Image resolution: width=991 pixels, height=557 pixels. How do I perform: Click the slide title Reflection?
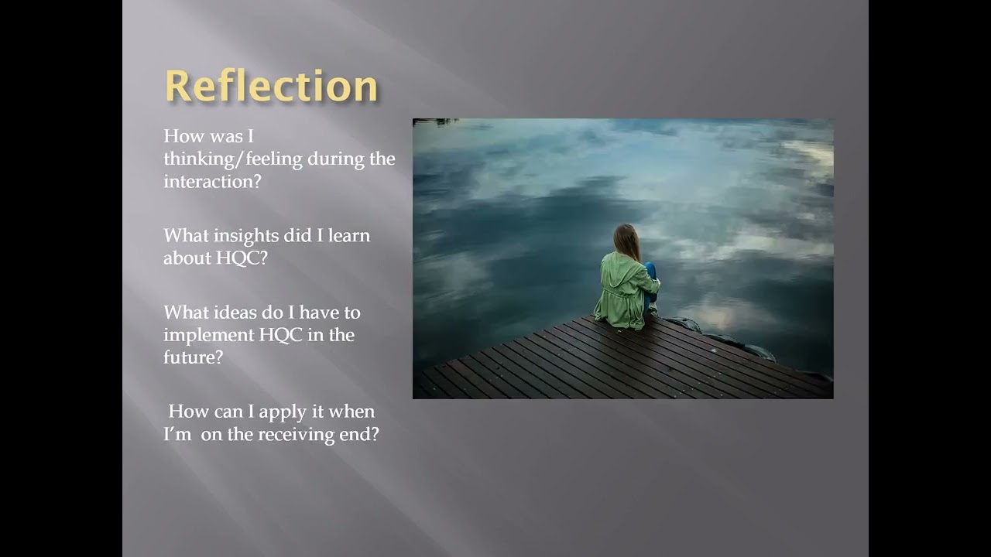click(x=271, y=85)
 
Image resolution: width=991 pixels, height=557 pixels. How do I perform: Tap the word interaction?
click(x=212, y=182)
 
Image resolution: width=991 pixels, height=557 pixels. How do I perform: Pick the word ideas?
click(x=233, y=313)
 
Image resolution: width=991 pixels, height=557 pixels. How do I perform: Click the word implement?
click(x=208, y=335)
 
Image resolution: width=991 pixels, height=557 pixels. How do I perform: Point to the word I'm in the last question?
click(x=177, y=434)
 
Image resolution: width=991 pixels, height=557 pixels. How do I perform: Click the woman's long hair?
click(x=626, y=241)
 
